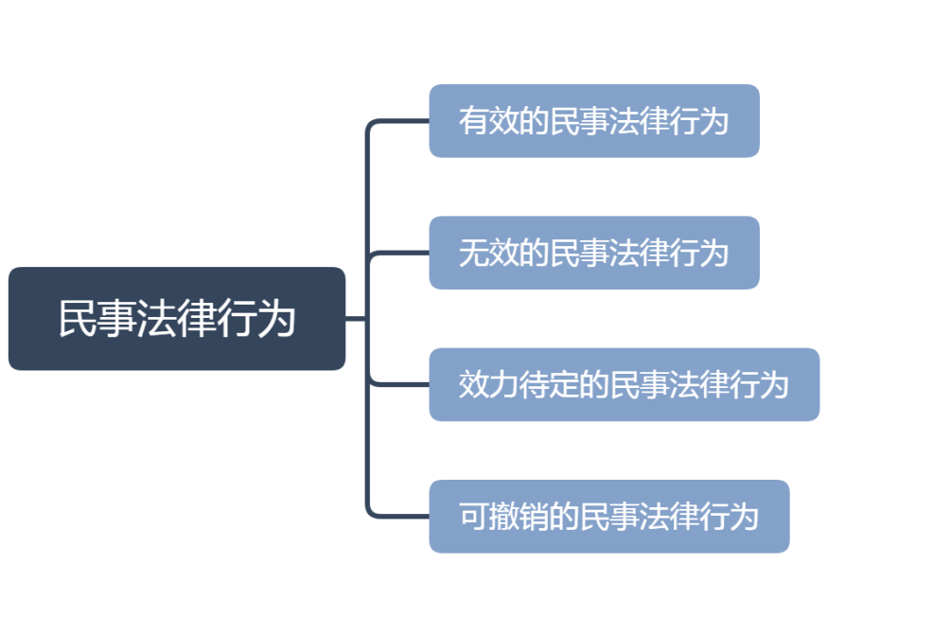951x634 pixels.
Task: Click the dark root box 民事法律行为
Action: tap(177, 319)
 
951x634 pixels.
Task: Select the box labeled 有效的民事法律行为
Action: tap(594, 121)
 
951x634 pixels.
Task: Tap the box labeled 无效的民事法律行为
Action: tap(594, 253)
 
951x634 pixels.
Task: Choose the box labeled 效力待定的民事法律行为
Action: tap(625, 384)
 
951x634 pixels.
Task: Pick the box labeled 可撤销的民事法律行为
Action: tap(609, 517)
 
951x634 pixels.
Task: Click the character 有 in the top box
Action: tap(473, 121)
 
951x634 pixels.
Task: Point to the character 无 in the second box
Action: tap(473, 253)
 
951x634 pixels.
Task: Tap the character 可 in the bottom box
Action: tap(473, 517)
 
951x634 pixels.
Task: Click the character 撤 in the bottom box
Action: tap(503, 517)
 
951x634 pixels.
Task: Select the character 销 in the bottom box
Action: tap(533, 517)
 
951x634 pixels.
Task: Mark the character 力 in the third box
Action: tap(503, 384)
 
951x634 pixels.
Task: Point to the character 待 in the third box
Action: tap(533, 384)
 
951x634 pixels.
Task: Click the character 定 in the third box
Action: tap(563, 384)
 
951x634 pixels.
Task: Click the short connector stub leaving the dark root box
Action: tap(356, 318)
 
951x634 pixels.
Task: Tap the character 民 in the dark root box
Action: tap(77, 319)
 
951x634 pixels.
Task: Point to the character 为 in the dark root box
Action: tap(276, 319)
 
